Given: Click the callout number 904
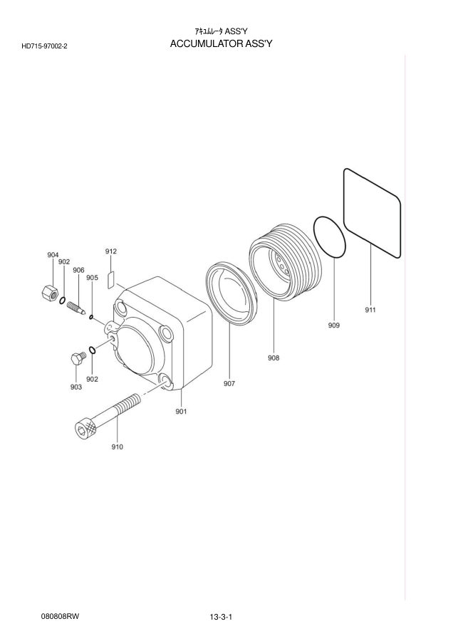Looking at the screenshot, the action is pos(53,255).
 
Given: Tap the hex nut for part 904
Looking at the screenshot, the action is pos(50,293).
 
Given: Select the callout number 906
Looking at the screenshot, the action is pos(78,270).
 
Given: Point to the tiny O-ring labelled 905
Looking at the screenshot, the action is pos(90,316).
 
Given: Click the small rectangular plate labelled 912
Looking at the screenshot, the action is pos(111,279).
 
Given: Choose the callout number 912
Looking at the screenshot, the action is pos(111,251).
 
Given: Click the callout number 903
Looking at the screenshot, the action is pos(76,387).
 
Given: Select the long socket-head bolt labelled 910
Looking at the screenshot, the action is pos(108,416).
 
